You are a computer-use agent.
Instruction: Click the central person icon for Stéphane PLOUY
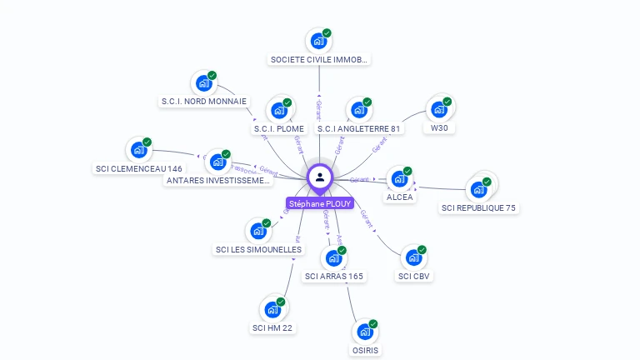320,177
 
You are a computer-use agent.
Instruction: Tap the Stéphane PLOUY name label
320,203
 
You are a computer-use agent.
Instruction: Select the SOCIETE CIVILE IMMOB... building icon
317,40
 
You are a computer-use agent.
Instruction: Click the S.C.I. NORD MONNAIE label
204,102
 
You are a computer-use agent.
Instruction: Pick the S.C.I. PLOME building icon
279,110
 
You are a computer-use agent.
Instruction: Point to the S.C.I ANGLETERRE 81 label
359,129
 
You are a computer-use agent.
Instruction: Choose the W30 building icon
438,109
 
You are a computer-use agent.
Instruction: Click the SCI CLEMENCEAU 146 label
139,169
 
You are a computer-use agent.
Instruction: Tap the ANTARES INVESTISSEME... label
217,181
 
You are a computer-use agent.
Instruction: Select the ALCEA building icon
399,178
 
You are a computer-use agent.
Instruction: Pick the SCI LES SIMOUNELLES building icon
258,231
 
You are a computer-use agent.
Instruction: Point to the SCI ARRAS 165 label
334,277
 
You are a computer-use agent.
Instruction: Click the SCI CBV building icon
413,257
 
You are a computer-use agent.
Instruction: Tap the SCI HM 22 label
272,328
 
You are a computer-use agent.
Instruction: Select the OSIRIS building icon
365,332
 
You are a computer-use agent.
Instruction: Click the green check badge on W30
447,102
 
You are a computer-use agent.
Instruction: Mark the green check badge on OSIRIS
373,324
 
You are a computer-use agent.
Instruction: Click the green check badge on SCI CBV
422,250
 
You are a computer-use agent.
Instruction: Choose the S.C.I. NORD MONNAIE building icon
202,83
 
